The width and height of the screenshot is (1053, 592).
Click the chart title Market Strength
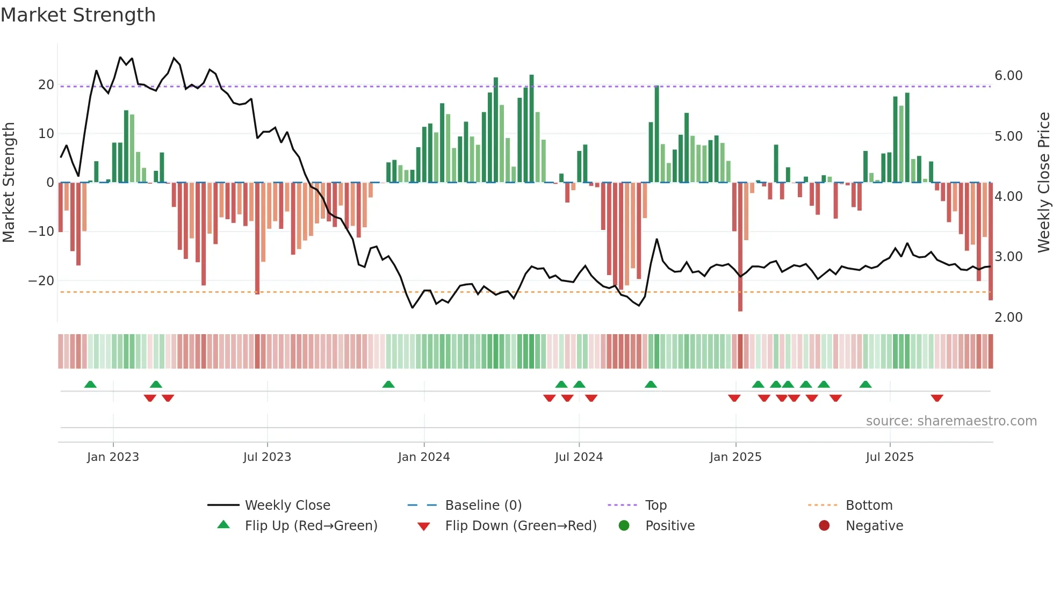point(78,15)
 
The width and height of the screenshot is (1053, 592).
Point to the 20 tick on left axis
point(46,85)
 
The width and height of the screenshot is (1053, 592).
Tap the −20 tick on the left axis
point(41,281)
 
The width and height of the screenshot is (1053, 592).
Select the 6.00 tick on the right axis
point(1008,76)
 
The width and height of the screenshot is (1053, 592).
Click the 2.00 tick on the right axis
point(1008,317)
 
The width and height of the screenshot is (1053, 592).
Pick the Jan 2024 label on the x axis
point(423,457)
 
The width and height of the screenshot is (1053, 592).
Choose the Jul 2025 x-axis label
point(889,457)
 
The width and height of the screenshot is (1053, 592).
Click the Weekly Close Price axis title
point(1043,182)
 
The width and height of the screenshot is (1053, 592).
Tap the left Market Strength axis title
point(9,182)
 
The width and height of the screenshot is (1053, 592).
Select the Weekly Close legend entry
point(287,506)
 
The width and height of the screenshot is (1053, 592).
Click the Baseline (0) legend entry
point(483,506)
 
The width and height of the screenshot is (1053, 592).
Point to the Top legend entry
point(655,506)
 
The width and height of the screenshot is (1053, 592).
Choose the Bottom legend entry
point(869,506)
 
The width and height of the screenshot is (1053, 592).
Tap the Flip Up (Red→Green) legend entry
point(311,526)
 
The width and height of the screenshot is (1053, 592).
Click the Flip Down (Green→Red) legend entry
point(520,526)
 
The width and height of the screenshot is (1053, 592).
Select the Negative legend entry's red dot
point(824,526)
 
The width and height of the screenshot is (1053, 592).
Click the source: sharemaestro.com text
point(951,421)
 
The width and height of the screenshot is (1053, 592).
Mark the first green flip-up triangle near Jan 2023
point(90,385)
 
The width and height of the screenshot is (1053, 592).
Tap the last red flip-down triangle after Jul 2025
point(937,398)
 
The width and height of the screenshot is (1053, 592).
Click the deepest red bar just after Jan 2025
point(740,247)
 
